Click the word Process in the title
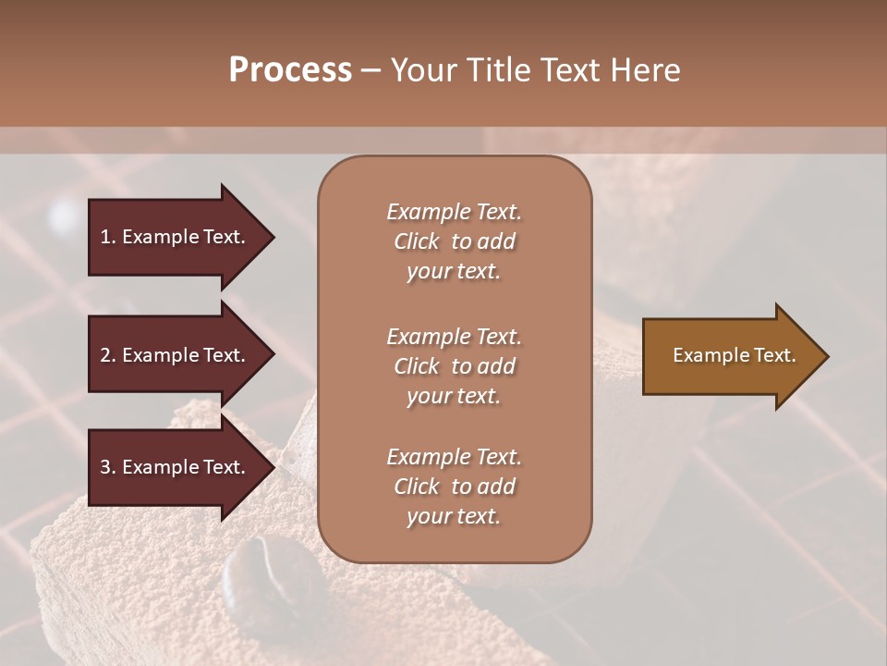click(x=290, y=70)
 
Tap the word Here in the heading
click(x=643, y=70)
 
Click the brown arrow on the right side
click(x=730, y=356)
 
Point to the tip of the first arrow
click(x=273, y=237)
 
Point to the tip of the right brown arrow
click(x=827, y=356)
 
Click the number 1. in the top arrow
click(x=107, y=237)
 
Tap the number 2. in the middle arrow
click(x=107, y=355)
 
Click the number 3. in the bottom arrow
click(x=107, y=467)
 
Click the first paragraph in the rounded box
click(x=454, y=241)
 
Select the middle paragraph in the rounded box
click(x=454, y=366)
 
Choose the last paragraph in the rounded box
click(x=454, y=487)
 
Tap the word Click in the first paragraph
click(x=416, y=241)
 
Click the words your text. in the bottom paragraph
click(x=454, y=516)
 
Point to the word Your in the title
click(x=425, y=70)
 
